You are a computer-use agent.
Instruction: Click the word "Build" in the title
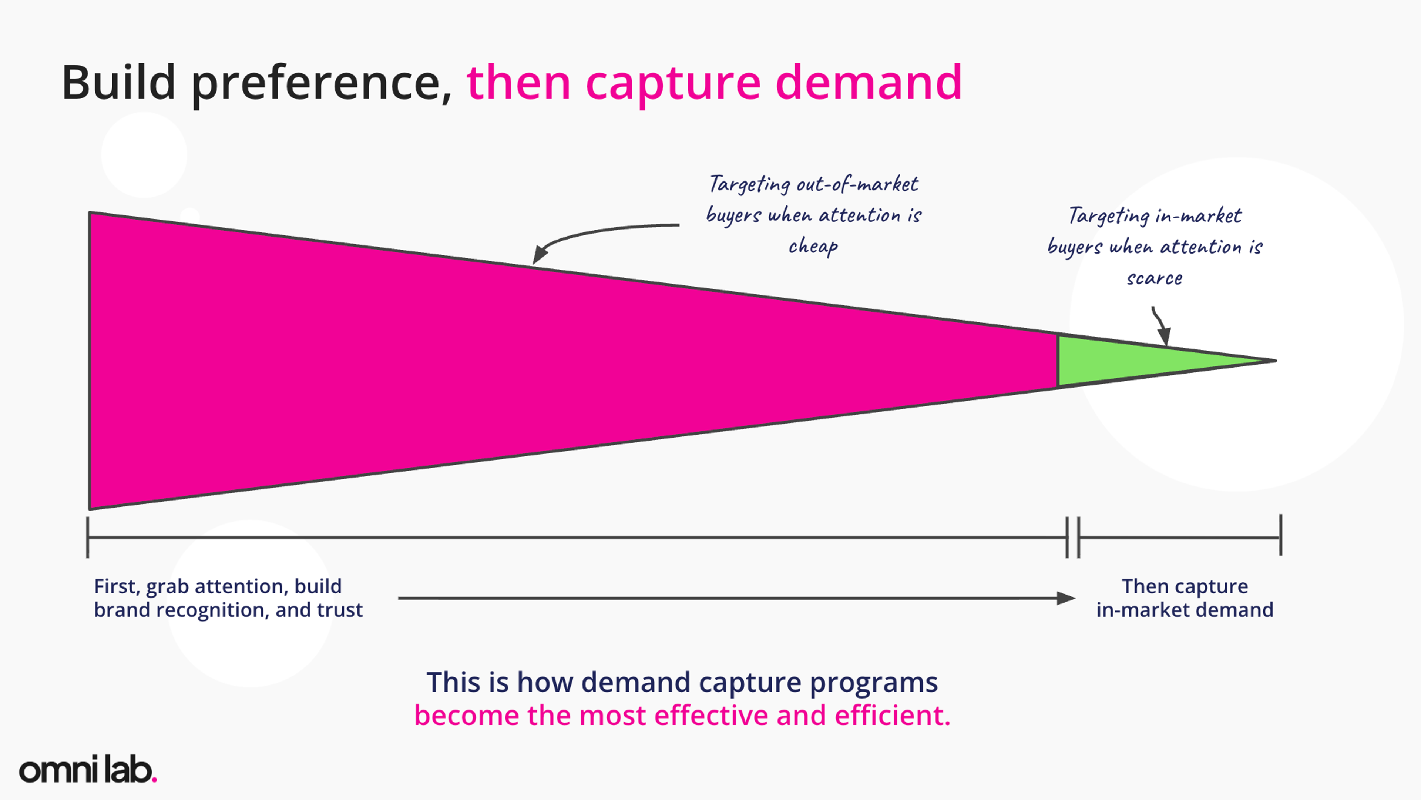[118, 83]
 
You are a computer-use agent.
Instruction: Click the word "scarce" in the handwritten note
[1155, 278]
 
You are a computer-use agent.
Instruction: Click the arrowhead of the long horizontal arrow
[1066, 598]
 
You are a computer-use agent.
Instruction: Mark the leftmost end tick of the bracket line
[88, 538]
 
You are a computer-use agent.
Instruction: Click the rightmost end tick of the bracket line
[1281, 535]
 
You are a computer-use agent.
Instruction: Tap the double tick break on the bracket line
[1073, 538]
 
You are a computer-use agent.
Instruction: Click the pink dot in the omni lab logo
[154, 779]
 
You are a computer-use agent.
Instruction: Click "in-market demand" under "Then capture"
[1185, 610]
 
